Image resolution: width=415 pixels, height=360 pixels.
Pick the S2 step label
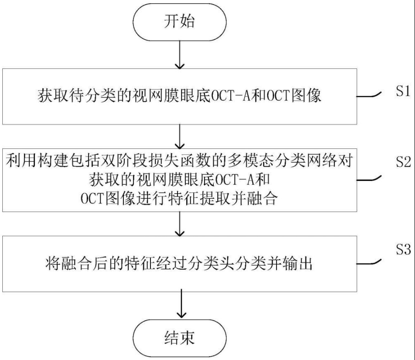[403, 162]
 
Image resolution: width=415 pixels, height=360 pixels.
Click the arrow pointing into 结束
[182, 303]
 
